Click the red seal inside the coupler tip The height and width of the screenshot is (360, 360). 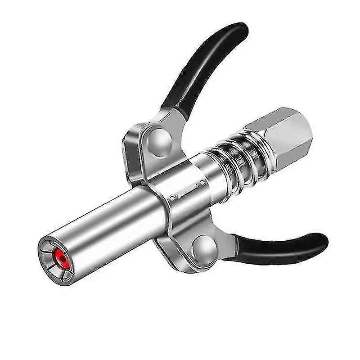click(59, 255)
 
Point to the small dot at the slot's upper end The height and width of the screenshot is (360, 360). click(203, 183)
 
